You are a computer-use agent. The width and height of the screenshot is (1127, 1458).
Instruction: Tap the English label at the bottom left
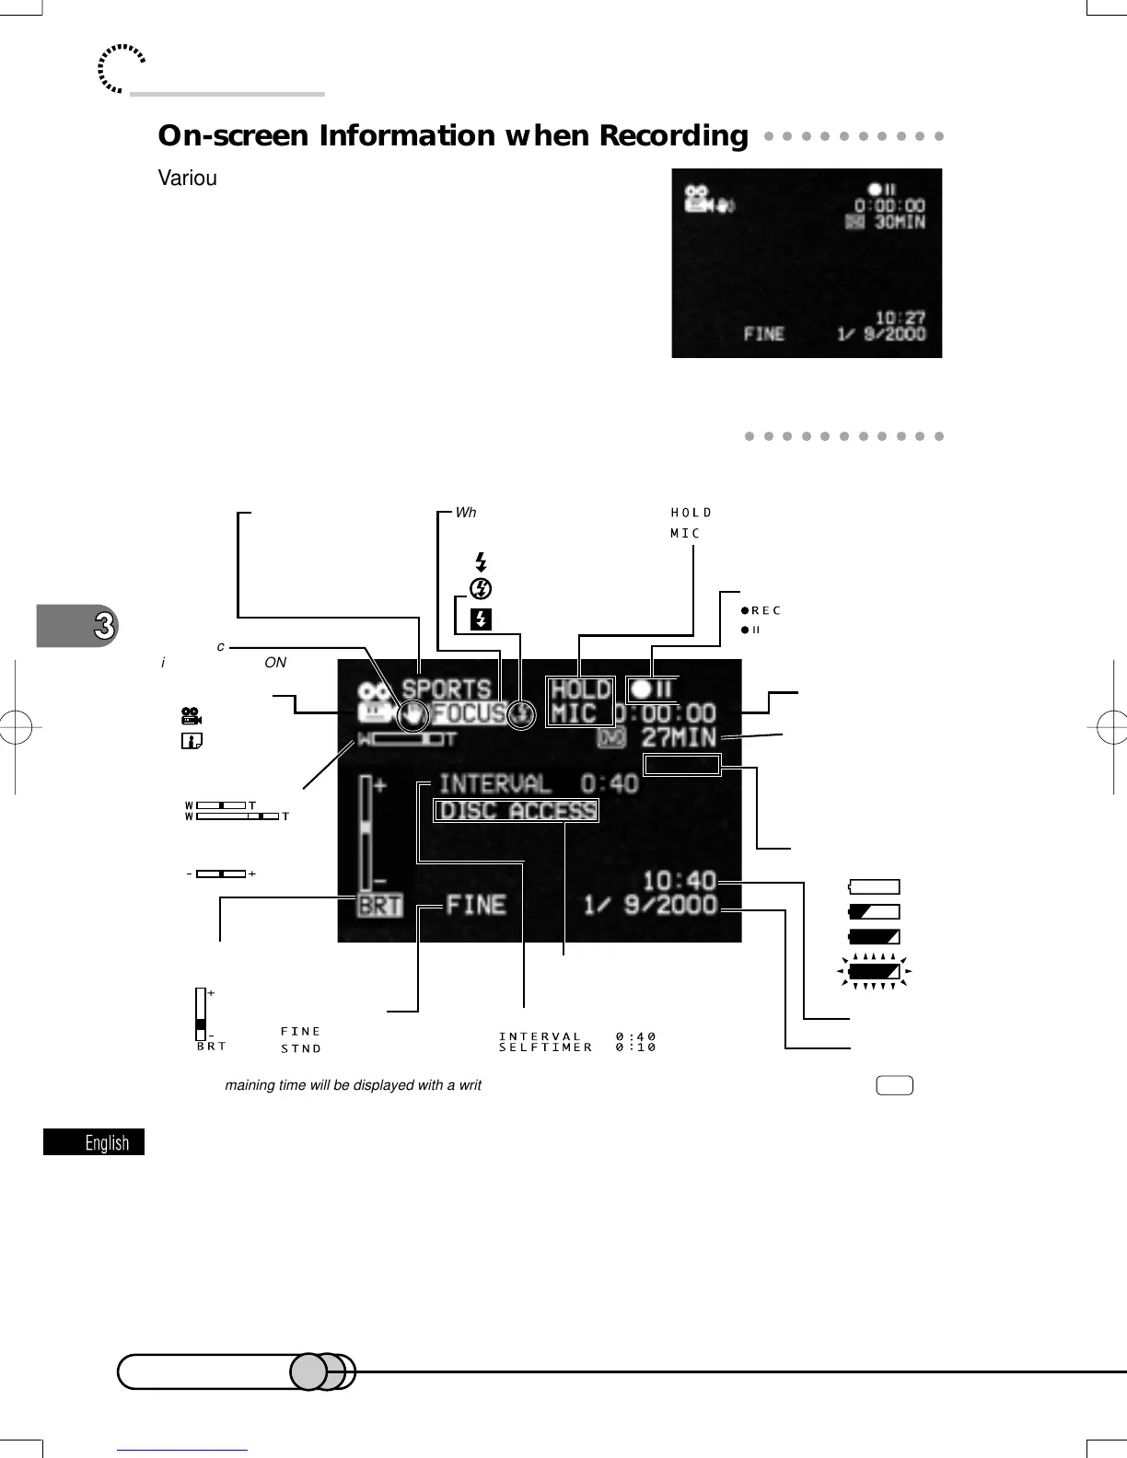tap(107, 1143)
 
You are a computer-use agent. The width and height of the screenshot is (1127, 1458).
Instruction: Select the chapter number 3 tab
tap(104, 626)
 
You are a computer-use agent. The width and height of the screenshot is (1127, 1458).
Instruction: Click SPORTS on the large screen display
tap(447, 688)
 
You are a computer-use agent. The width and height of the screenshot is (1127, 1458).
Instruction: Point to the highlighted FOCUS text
tap(469, 713)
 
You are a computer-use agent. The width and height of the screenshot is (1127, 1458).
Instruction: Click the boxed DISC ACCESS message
tap(517, 811)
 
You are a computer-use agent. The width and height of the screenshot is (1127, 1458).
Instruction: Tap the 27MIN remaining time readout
tap(679, 737)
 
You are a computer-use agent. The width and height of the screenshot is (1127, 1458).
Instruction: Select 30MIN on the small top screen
tap(900, 222)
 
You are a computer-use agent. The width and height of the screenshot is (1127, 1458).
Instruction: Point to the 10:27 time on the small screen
tap(900, 318)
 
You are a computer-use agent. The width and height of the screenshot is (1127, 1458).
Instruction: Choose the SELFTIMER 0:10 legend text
tap(577, 1047)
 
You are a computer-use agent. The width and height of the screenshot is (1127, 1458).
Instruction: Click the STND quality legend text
tap(301, 1048)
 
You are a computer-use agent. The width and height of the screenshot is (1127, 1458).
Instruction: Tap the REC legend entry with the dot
tap(761, 610)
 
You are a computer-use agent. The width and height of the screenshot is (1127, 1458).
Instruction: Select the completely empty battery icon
tap(874, 887)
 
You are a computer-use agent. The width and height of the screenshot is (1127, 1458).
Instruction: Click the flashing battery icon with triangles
tap(874, 971)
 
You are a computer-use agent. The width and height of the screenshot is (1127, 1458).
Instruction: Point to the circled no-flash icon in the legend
tap(481, 588)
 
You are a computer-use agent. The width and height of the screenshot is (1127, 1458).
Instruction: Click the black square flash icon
tap(481, 619)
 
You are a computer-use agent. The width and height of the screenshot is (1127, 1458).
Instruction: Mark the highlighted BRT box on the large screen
tap(380, 906)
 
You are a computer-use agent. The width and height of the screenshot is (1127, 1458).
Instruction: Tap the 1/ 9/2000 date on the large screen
tap(650, 906)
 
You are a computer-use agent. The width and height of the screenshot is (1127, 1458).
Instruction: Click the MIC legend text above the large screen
tap(685, 534)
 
